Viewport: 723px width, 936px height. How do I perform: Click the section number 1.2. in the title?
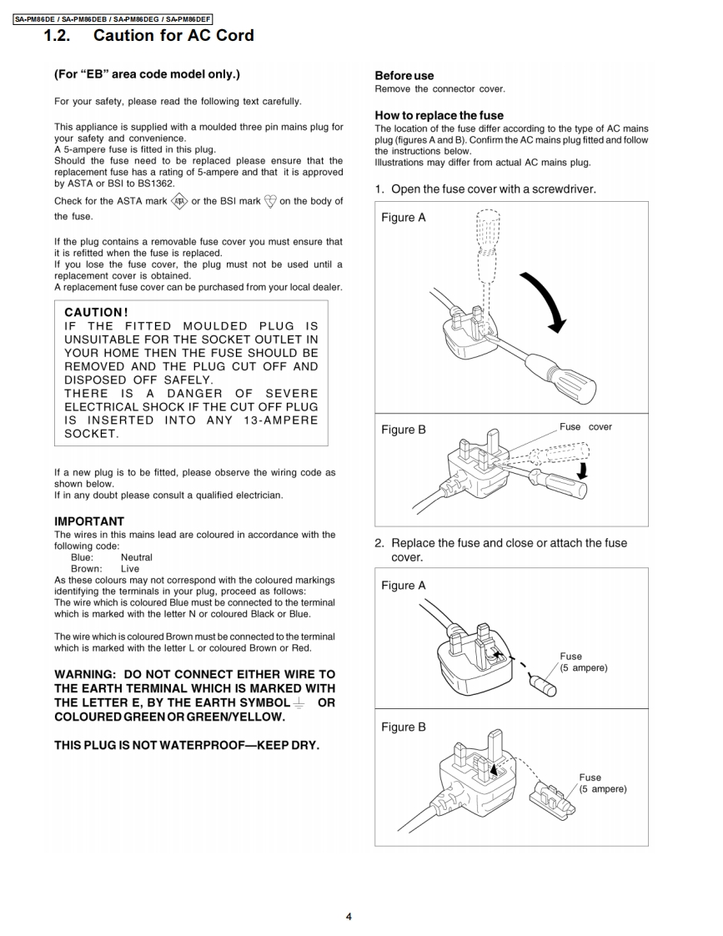point(61,35)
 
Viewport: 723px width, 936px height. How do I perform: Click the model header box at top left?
point(113,18)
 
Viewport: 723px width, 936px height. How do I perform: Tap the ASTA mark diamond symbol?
point(179,200)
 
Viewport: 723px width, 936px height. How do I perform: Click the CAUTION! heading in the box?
point(96,312)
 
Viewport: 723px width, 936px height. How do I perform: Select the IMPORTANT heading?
point(89,521)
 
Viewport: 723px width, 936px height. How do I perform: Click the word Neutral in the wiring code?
point(137,557)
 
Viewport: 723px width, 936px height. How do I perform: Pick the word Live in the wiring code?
point(130,568)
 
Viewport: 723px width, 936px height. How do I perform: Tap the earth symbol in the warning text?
point(299,702)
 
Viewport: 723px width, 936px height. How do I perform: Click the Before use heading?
point(404,75)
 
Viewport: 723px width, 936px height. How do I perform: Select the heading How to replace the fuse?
point(439,115)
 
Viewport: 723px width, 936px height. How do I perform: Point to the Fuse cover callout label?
point(585,427)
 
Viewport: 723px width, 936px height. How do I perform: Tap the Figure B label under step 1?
point(404,430)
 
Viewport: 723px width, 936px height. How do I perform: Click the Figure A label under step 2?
point(404,586)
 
